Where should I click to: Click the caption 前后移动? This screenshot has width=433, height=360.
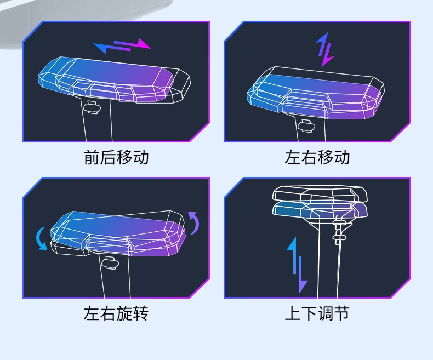tap(116, 158)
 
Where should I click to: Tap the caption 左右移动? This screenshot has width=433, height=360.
tap(317, 158)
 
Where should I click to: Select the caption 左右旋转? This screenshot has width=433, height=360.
tap(116, 313)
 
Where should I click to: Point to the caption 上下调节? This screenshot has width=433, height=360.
tap(317, 313)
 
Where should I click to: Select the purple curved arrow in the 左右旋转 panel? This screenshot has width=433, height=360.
tap(193, 222)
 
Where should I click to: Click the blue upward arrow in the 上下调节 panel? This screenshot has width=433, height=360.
tap(293, 255)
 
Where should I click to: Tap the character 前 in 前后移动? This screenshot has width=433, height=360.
tap(92, 158)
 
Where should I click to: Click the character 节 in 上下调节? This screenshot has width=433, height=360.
tap(341, 313)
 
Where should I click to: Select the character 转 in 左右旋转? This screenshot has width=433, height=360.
tap(141, 313)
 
